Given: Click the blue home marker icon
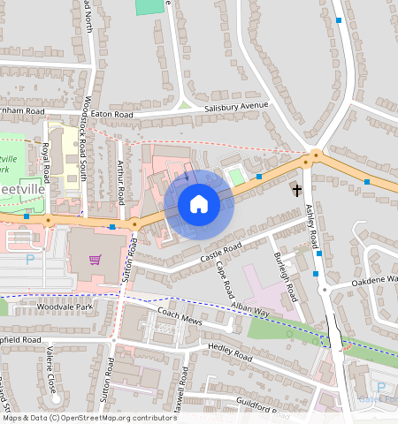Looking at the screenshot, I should [199, 205].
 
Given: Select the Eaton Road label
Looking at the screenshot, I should [111, 115].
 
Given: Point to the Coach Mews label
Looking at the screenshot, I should [180, 314].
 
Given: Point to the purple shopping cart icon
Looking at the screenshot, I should [96, 260].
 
